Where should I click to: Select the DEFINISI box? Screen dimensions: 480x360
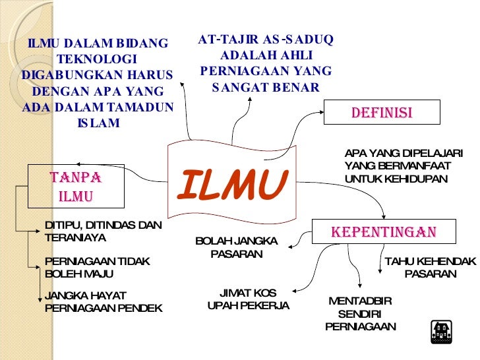381,113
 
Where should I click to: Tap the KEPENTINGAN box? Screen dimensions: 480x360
384,232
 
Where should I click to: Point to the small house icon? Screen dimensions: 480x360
440,332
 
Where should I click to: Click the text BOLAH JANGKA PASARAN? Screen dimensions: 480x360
237,247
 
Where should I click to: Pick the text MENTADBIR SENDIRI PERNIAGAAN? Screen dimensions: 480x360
360,314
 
